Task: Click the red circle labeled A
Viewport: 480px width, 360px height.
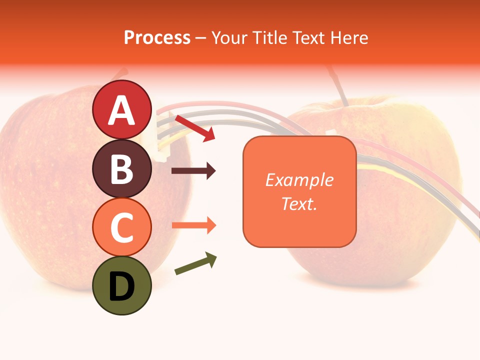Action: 122,109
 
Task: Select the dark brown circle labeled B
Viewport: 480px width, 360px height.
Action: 122,168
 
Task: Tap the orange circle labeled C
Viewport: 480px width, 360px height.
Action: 122,227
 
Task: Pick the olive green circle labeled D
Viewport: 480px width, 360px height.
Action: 122,285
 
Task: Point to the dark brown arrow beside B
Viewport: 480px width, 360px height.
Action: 193,171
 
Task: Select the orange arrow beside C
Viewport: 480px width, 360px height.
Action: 193,225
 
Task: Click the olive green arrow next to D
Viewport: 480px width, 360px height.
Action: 195,263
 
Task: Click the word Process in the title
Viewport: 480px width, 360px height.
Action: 157,37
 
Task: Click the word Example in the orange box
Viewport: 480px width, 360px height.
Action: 299,180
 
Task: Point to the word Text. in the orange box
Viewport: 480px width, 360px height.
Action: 299,203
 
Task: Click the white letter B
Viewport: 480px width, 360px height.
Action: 122,169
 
